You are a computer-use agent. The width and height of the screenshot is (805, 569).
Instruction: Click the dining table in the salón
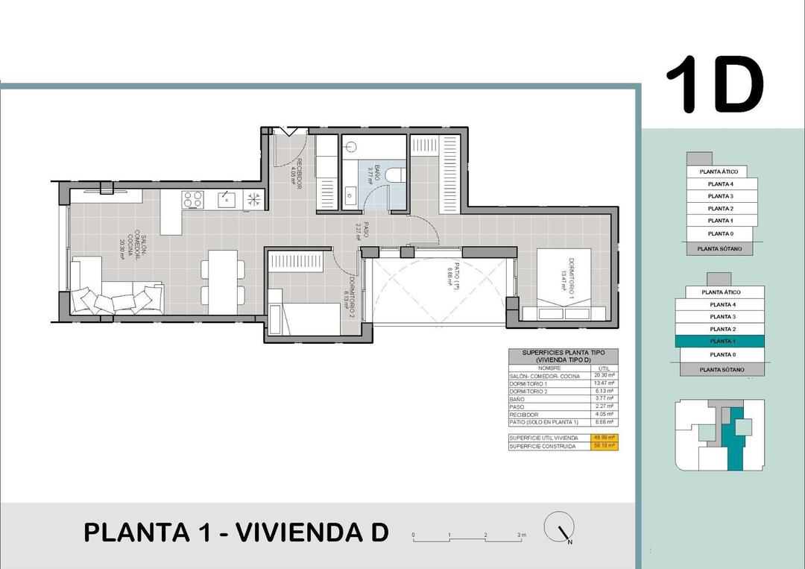(223, 281)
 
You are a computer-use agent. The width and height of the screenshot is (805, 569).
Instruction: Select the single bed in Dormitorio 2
(313, 319)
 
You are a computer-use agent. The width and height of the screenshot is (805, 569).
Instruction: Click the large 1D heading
(713, 85)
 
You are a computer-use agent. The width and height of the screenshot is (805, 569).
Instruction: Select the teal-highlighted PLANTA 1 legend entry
(719, 341)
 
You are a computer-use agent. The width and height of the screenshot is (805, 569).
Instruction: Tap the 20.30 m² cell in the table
(603, 376)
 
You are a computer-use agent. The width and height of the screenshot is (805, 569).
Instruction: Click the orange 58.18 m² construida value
(604, 445)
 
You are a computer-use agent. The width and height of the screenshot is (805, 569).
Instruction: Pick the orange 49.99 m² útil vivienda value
(604, 437)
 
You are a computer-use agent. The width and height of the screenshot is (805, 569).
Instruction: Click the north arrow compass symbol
(558, 529)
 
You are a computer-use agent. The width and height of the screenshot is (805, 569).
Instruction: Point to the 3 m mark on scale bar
(520, 535)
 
